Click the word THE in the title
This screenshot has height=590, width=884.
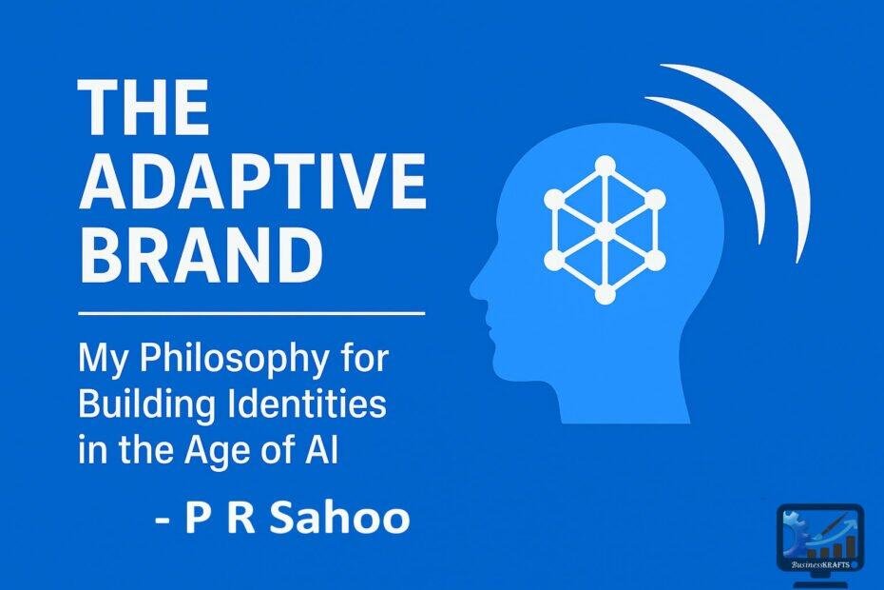coord(144,107)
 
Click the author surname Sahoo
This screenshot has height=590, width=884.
coord(351,519)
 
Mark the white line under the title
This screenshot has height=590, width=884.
coord(251,311)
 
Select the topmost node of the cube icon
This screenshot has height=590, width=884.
coord(605,164)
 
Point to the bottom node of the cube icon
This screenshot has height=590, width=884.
coord(605,295)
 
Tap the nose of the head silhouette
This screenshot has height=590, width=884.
coord(476,286)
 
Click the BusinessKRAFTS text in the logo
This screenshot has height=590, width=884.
coord(819,564)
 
